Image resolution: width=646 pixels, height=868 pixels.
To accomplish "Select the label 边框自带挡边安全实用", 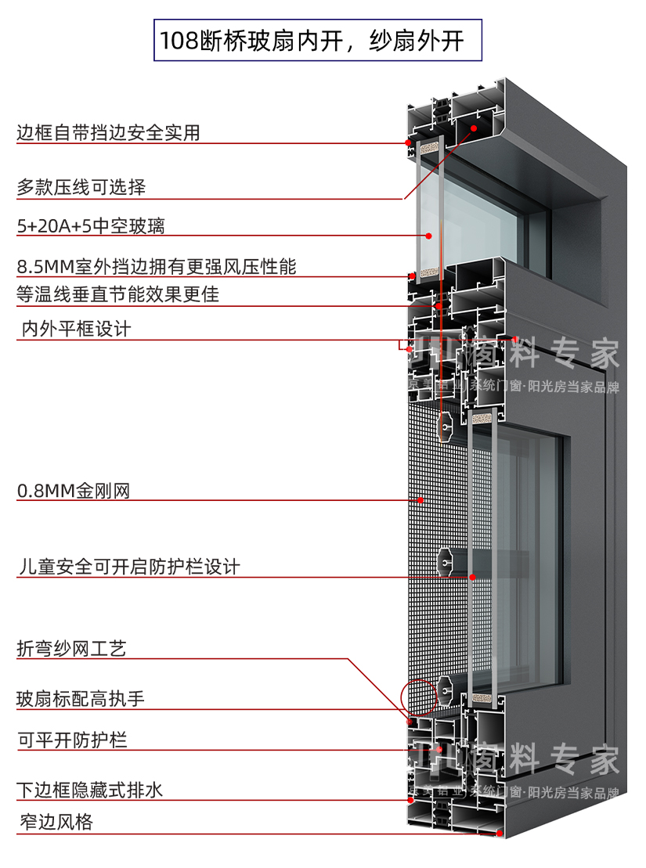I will click(x=108, y=133).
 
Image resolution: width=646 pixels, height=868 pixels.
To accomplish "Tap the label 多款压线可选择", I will click(x=81, y=188).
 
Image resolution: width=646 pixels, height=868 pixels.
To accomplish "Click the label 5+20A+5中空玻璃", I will click(x=91, y=227).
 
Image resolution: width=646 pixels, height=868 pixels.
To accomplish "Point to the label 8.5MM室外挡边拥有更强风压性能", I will click(x=157, y=267).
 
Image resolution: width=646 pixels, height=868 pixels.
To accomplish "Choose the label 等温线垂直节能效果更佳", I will click(x=117, y=294).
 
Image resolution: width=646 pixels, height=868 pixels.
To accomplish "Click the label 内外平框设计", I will click(x=76, y=330).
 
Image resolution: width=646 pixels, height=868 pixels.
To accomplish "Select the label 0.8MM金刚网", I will click(x=73, y=492).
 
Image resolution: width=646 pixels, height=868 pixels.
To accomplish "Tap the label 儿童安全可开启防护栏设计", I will click(x=128, y=567).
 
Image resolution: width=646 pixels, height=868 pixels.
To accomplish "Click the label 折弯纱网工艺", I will click(x=71, y=649).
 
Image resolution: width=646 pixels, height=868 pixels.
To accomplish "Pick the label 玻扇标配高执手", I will click(x=81, y=699).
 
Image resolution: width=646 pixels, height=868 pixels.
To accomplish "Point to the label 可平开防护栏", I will click(x=72, y=740).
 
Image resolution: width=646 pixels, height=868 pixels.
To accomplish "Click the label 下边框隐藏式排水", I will click(x=90, y=790).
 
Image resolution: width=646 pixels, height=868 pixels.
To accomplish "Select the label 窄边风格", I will click(x=56, y=823).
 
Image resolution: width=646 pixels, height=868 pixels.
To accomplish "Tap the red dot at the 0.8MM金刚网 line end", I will click(x=420, y=499).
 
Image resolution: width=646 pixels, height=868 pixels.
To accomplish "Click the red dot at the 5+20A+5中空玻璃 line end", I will click(x=429, y=235).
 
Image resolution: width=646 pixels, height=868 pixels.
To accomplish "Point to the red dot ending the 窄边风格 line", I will click(x=499, y=834).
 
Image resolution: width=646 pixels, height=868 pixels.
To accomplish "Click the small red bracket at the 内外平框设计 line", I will click(x=404, y=344).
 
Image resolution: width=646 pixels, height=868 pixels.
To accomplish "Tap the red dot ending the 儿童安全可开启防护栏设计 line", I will click(x=472, y=577).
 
